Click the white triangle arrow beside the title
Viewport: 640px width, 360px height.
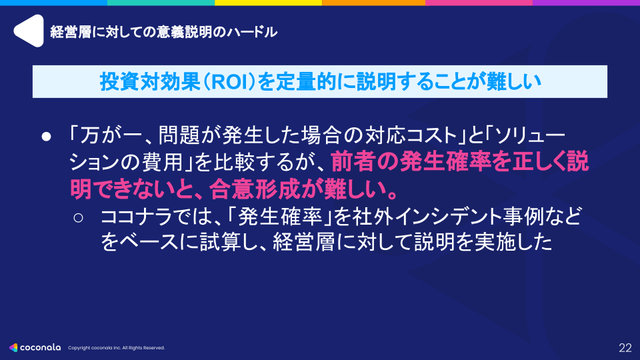[x=29, y=31]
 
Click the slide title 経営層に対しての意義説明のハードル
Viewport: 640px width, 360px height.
[x=163, y=31]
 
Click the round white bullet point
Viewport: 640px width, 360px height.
[x=47, y=135]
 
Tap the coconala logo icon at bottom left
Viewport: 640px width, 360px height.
[x=14, y=347]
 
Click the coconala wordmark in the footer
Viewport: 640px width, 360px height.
[x=41, y=347]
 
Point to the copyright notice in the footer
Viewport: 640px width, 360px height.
[x=117, y=348]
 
